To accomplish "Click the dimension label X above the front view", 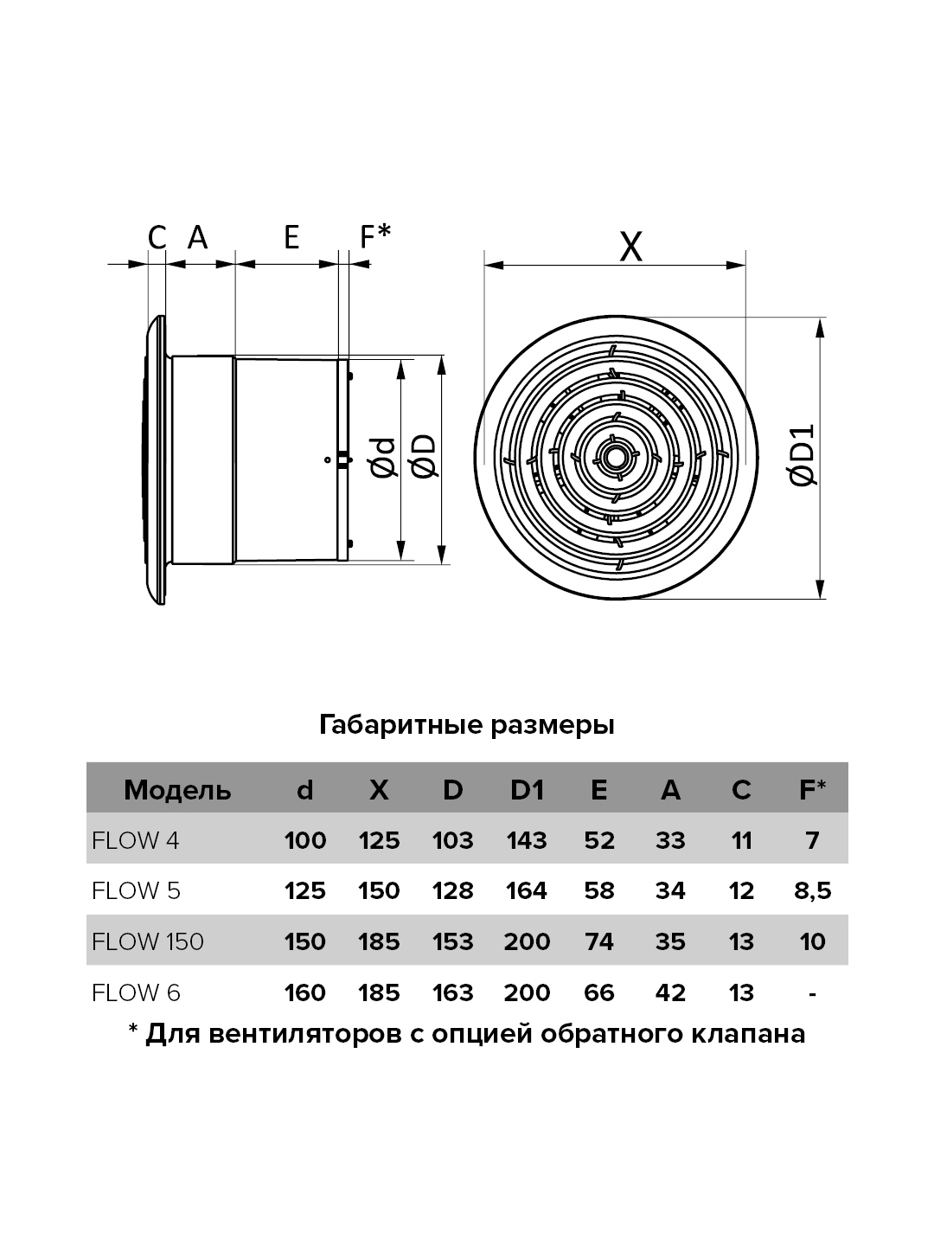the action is click(x=630, y=247).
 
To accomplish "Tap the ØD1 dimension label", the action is click(x=802, y=454).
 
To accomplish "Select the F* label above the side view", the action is click(x=374, y=236).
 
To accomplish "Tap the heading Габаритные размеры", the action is click(x=467, y=725).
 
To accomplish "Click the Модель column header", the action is click(x=177, y=790).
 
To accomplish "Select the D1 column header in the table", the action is click(x=527, y=790).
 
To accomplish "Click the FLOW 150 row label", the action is click(x=147, y=941).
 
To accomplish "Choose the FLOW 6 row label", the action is click(x=136, y=992).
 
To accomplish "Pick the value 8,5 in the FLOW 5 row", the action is click(x=812, y=890).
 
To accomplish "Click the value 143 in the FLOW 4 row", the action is click(x=527, y=840).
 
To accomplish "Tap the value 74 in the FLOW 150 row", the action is click(x=598, y=941).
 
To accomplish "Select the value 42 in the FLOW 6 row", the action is click(x=670, y=992).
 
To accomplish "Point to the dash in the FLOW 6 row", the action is click(x=812, y=994).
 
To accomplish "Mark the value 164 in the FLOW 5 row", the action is click(x=527, y=890).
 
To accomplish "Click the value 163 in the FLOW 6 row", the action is click(x=452, y=992).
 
